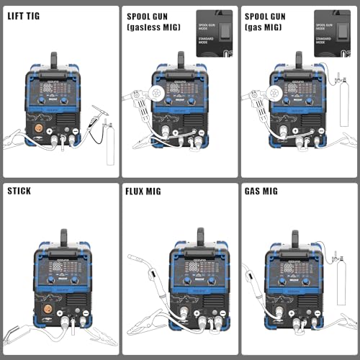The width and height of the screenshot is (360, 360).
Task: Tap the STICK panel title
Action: (x=19, y=192)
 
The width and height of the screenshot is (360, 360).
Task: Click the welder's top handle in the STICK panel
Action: (x=63, y=237)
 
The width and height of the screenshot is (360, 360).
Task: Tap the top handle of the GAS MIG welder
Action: (x=295, y=237)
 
